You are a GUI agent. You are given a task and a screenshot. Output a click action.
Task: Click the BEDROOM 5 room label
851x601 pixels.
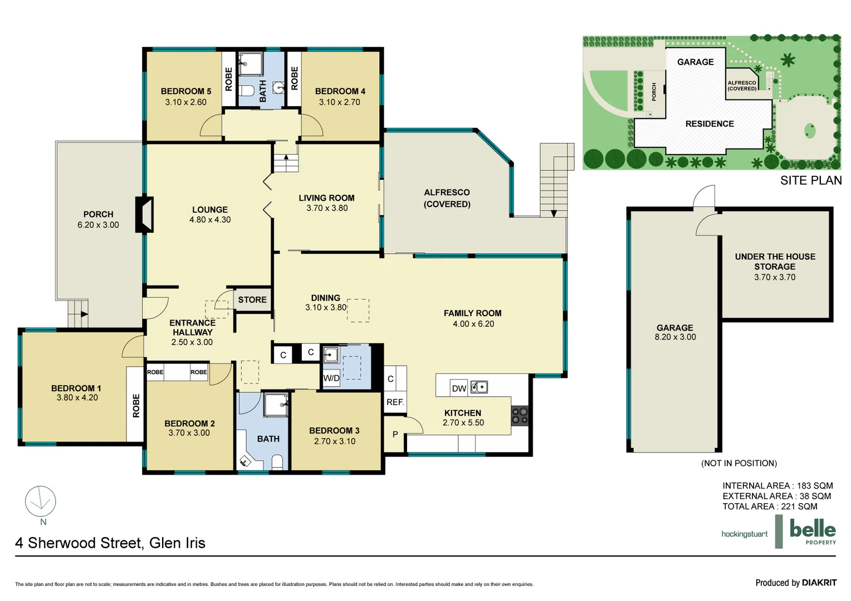[x=185, y=91]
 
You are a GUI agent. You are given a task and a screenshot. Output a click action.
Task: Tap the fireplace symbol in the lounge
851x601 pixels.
[x=145, y=214]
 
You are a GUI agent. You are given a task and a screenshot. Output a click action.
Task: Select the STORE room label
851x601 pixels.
[x=252, y=300]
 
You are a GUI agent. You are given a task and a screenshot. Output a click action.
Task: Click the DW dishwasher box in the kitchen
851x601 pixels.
[x=459, y=388]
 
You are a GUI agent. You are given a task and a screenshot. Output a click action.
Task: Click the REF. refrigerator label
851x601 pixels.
[x=395, y=402]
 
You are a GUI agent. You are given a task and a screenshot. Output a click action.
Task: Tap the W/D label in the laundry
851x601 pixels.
[x=331, y=378]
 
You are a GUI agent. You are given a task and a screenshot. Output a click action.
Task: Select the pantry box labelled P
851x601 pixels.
[x=395, y=435]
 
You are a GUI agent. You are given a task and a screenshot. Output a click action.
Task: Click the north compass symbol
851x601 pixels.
[x=41, y=502]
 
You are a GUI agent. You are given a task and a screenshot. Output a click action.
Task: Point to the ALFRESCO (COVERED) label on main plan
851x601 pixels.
[x=447, y=198]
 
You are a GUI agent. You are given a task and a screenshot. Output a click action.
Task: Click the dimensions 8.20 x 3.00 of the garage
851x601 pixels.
[x=675, y=337]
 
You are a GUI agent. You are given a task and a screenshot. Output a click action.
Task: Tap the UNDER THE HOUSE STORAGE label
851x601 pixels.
[x=775, y=262]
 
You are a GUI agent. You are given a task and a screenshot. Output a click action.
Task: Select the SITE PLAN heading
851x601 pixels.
[x=810, y=180]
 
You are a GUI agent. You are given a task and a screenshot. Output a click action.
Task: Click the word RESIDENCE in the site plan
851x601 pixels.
[x=709, y=124]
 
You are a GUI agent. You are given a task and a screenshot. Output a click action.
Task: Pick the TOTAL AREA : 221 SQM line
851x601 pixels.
[x=770, y=506]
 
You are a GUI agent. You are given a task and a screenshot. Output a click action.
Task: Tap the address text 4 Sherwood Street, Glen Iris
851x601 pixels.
[x=110, y=543]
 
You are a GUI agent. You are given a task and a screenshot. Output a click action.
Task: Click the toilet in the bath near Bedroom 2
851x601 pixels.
[x=277, y=462]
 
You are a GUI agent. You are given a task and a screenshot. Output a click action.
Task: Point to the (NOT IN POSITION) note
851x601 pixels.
[x=738, y=463]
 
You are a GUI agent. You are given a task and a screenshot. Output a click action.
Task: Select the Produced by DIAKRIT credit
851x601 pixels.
[x=795, y=583]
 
